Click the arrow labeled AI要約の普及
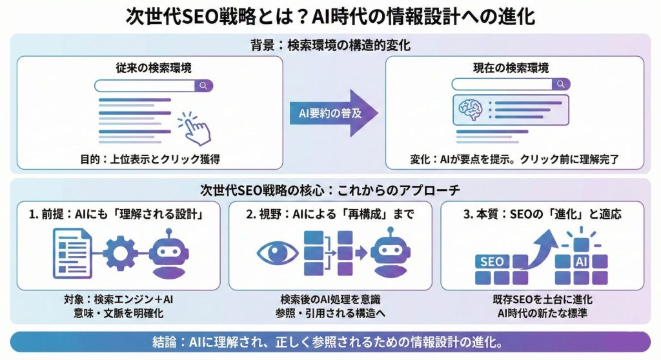332,112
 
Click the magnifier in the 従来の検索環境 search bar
203,85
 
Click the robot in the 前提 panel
168,252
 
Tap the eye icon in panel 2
278,252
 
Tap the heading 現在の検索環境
514,68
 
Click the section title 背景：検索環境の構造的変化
330,46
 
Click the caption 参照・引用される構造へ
330,314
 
